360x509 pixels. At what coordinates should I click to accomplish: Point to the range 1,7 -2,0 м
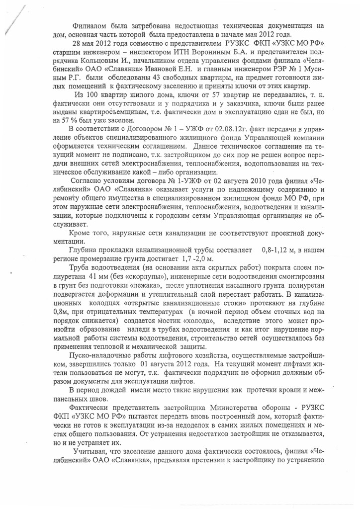[x=197, y=258]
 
